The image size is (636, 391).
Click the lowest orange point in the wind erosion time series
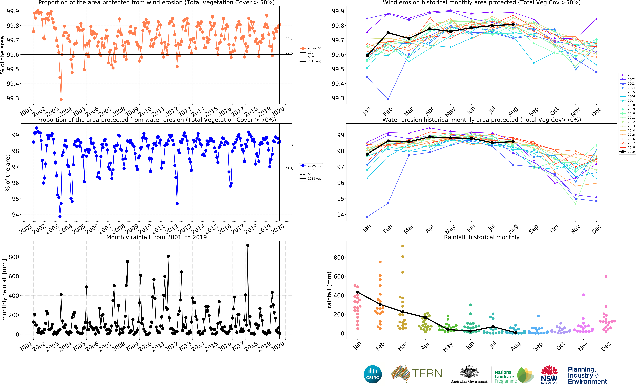[x=61, y=99]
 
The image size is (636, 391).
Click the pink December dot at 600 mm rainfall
[x=606, y=276]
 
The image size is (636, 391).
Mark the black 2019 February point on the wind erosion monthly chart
[x=388, y=33]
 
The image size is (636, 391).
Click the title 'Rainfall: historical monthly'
[x=481, y=237]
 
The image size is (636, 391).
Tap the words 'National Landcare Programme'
[x=505, y=377]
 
